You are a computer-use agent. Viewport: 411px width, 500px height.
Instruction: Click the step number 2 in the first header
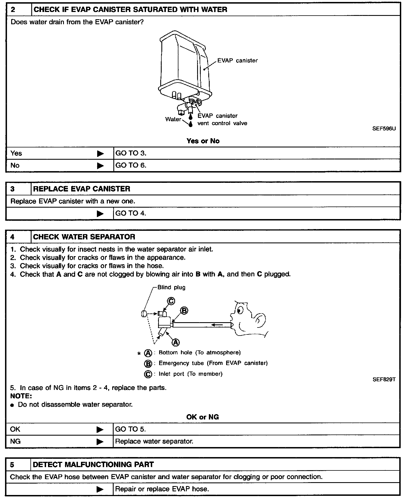click(13, 10)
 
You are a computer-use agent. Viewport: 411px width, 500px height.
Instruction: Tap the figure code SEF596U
click(384, 128)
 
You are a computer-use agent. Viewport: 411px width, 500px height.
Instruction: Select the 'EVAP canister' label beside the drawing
click(237, 60)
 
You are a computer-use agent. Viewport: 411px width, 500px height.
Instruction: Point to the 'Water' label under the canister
click(173, 119)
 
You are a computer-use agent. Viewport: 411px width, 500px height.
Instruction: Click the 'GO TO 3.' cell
click(131, 153)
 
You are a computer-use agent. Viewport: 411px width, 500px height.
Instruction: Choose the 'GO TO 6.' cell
click(131, 165)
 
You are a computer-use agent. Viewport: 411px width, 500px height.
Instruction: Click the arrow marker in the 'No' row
click(100, 166)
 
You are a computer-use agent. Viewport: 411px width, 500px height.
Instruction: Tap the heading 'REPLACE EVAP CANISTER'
click(82, 189)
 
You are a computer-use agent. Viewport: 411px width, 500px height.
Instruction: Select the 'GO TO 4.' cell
click(131, 213)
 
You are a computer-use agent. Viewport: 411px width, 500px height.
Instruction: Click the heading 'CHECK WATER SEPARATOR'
click(84, 237)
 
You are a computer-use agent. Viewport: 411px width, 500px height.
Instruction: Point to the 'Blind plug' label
click(171, 287)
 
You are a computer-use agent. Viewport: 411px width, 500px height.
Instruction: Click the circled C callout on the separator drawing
click(171, 301)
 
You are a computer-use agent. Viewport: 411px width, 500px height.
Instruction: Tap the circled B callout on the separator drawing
click(184, 311)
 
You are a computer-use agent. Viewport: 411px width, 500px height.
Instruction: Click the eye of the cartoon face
click(240, 309)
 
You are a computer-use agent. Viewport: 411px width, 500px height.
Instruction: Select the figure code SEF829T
click(384, 379)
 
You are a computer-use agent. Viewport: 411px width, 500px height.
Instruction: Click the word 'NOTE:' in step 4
click(21, 396)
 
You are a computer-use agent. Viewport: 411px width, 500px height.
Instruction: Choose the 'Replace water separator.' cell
click(154, 441)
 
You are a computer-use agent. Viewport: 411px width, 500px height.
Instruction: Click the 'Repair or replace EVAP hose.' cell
click(162, 489)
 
